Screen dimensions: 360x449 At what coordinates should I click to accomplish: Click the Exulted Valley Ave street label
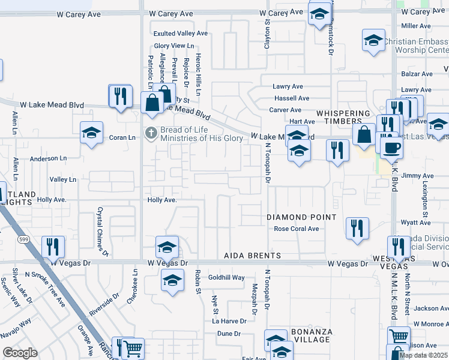pos(180,34)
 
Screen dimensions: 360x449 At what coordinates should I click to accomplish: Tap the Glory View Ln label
pos(175,46)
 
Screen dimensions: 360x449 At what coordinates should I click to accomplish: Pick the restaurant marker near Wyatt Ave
pos(357,228)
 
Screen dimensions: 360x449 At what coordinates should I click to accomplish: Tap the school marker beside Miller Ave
pos(373,41)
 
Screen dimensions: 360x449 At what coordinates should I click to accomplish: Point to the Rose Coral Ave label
pos(297,229)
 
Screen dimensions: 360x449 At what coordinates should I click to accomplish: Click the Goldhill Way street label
pos(226,278)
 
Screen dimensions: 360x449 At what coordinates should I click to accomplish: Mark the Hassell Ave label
pos(291,98)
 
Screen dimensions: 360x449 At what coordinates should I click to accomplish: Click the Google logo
pos(20,353)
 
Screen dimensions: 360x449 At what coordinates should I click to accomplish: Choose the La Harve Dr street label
pos(229,321)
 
